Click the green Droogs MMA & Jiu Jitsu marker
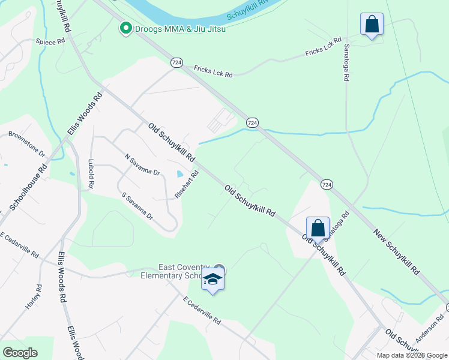(x=126, y=28)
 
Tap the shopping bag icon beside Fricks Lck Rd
(x=372, y=25)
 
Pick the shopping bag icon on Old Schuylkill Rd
(x=318, y=229)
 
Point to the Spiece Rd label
(x=50, y=42)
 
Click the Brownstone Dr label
(x=26, y=145)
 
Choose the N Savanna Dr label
(x=142, y=164)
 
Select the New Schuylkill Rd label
(x=396, y=252)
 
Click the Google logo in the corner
(x=20, y=353)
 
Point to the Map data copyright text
(x=412, y=355)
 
